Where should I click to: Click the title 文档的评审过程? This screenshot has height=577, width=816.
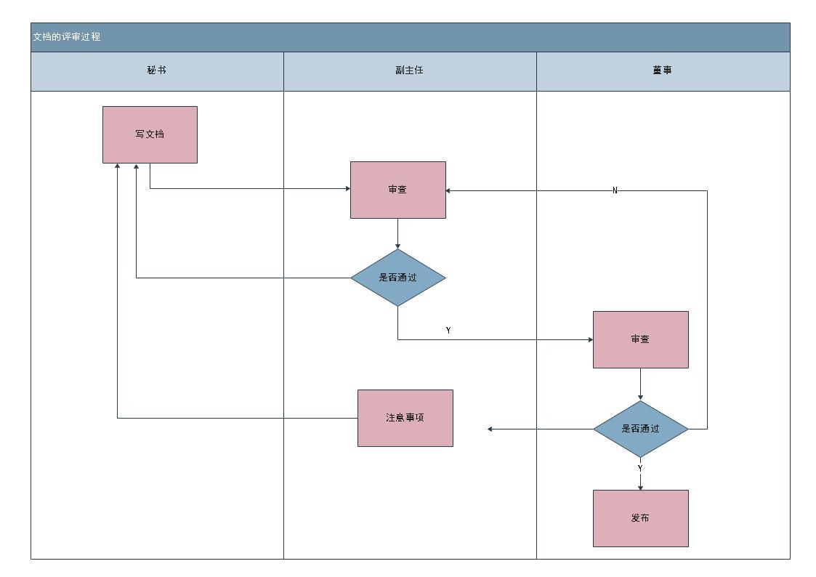pos(67,37)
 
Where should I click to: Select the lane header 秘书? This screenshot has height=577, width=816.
pos(156,70)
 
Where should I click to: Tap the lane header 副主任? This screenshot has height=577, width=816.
pos(409,70)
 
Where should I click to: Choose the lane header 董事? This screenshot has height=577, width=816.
pos(662,70)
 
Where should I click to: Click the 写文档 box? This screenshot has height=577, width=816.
pos(150,134)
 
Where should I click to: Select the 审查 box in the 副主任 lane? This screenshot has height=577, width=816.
pos(397,190)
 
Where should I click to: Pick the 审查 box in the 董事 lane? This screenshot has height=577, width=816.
pos(640,339)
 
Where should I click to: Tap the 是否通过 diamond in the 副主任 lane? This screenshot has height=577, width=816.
pos(397,278)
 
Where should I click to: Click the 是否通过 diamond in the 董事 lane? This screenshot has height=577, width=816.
pos(640,429)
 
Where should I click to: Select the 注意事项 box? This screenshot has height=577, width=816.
pos(405,418)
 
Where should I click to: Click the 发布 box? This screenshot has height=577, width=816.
pos(640,518)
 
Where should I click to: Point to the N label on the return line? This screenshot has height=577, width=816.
pos(615,190)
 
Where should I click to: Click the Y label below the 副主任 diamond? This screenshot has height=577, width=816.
pos(448,331)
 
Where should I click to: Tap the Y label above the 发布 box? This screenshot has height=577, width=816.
pos(640,469)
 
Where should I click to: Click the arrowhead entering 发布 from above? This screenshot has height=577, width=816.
pos(640,487)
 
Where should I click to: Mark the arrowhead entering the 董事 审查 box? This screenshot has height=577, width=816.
pos(590,339)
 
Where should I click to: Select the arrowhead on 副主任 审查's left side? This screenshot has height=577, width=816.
pos(347,189)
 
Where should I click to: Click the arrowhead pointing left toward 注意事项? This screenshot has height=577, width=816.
pos(490,429)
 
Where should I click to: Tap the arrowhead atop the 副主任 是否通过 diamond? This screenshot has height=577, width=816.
pos(397,246)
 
